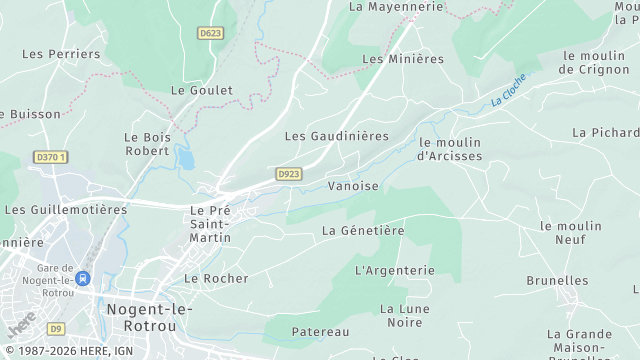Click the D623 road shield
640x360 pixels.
(x=210, y=33)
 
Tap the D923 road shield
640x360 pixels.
(x=289, y=174)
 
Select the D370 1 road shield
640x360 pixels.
(x=50, y=157)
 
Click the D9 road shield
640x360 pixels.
(x=56, y=329)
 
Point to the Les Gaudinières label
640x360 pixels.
(x=336, y=136)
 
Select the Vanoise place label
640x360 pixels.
(x=354, y=186)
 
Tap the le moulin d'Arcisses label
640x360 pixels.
(x=450, y=149)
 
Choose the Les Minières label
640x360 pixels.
(x=402, y=59)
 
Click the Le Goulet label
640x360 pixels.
(x=202, y=90)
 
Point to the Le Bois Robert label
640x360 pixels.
(x=147, y=144)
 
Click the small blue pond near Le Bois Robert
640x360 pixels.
(x=185, y=157)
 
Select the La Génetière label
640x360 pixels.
(x=363, y=230)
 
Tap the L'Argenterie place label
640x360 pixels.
(x=395, y=270)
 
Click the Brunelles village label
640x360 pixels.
(x=557, y=281)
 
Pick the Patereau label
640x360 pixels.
(x=320, y=331)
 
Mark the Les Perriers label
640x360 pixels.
(x=61, y=54)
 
